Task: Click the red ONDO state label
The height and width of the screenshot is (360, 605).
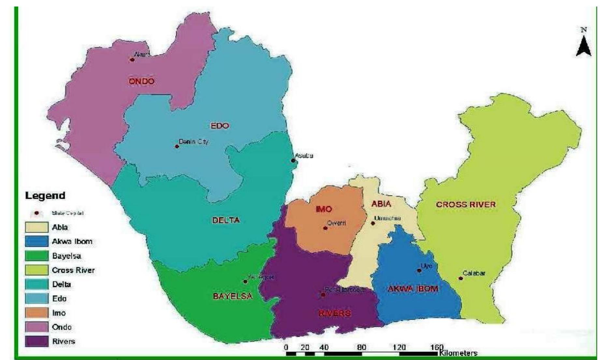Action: pyautogui.click(x=141, y=81)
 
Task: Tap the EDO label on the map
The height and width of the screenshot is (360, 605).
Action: pyautogui.click(x=220, y=126)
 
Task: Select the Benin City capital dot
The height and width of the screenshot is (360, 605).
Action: pyautogui.click(x=177, y=146)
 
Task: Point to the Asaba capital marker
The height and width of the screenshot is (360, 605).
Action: pyautogui.click(x=293, y=160)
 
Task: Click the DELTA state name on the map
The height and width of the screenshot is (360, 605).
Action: pyautogui.click(x=226, y=220)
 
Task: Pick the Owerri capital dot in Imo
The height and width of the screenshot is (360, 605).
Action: pyautogui.click(x=325, y=228)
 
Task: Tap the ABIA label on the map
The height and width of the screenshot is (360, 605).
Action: pyautogui.click(x=381, y=204)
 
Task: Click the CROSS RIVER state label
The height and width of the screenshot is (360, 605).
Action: pyautogui.click(x=466, y=205)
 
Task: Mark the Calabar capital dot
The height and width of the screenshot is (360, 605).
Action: pyautogui.click(x=460, y=278)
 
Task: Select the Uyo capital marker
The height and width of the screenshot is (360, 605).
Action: pyautogui.click(x=419, y=270)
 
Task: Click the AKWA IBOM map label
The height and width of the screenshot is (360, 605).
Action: pyautogui.click(x=413, y=289)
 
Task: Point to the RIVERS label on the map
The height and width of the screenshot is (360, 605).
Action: pyautogui.click(x=335, y=313)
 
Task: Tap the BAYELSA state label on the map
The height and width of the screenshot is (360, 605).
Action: pyautogui.click(x=233, y=296)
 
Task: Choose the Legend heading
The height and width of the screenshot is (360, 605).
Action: pyautogui.click(x=45, y=195)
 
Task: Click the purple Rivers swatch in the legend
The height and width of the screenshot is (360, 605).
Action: pyautogui.click(x=36, y=341)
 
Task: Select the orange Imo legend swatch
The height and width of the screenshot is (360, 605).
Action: pyautogui.click(x=36, y=313)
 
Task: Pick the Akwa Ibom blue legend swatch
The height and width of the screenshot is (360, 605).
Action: pyautogui.click(x=36, y=241)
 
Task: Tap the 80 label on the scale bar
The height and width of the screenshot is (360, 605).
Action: pyautogui.click(x=361, y=347)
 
